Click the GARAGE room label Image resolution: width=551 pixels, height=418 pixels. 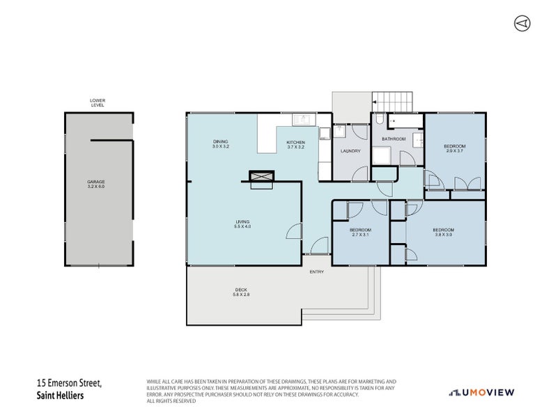click(x=96, y=182)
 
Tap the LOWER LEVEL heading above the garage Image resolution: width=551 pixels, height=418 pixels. click(x=98, y=102)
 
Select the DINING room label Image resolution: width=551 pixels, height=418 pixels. click(x=221, y=143)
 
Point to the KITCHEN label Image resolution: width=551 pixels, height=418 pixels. click(x=296, y=143)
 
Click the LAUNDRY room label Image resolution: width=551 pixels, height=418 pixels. click(x=350, y=150)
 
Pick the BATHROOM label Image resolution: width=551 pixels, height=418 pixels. click(x=394, y=139)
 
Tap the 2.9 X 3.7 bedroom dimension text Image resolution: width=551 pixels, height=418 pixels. click(x=454, y=150)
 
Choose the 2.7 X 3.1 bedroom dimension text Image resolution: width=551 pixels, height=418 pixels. click(x=360, y=235)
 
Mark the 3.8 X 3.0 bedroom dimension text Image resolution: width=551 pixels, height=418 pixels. click(x=443, y=235)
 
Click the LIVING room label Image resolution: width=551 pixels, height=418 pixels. click(x=242, y=222)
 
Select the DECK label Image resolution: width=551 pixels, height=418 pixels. click(x=241, y=290)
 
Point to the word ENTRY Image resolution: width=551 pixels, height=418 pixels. click(x=316, y=272)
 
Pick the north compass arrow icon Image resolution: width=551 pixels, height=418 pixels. click(x=521, y=23)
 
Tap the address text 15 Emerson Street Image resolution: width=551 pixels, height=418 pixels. click(x=69, y=382)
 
